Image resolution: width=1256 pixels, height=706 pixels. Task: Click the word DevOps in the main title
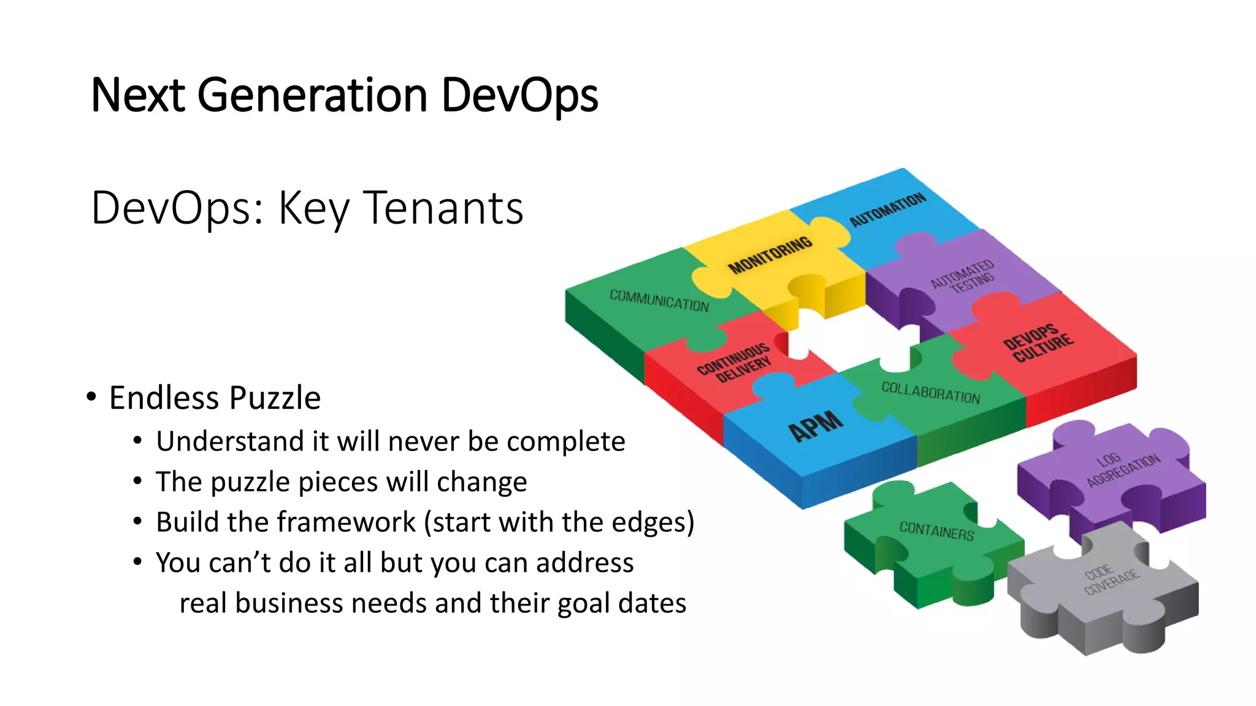click(x=519, y=96)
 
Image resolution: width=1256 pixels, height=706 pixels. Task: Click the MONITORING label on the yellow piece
click(x=770, y=254)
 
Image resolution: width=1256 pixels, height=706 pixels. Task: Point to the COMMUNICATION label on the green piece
click(x=659, y=300)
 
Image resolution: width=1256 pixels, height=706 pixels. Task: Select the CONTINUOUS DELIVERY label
click(x=734, y=363)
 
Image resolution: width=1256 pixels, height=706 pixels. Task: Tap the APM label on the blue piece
click(x=816, y=425)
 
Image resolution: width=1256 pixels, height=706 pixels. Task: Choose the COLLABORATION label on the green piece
click(x=930, y=392)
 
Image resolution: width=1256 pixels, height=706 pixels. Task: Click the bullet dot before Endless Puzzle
click(x=91, y=397)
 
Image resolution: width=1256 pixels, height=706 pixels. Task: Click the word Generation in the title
click(x=312, y=96)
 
